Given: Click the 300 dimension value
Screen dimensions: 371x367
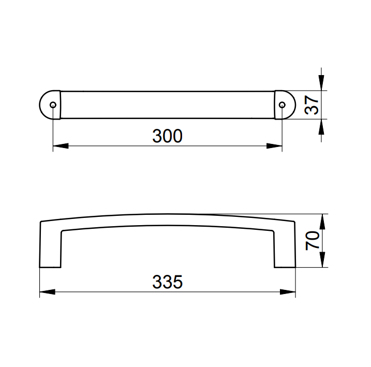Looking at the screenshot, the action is point(167,136).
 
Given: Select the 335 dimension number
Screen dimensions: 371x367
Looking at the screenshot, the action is point(167,282).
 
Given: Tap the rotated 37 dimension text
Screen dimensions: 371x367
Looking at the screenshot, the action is point(311,105).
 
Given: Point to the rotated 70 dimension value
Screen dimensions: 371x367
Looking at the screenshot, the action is point(313,241).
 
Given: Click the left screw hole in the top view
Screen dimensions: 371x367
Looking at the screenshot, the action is point(53,105).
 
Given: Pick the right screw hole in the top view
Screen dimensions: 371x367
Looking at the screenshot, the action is point(282,105).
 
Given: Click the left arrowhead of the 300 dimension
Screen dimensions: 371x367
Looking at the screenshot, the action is point(61,146).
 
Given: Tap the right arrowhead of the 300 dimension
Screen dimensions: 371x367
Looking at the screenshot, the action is point(274,146).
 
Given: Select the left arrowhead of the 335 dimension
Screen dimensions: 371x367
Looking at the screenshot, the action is point(47,292).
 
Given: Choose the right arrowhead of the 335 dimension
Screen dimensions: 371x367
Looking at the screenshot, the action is point(288,292).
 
